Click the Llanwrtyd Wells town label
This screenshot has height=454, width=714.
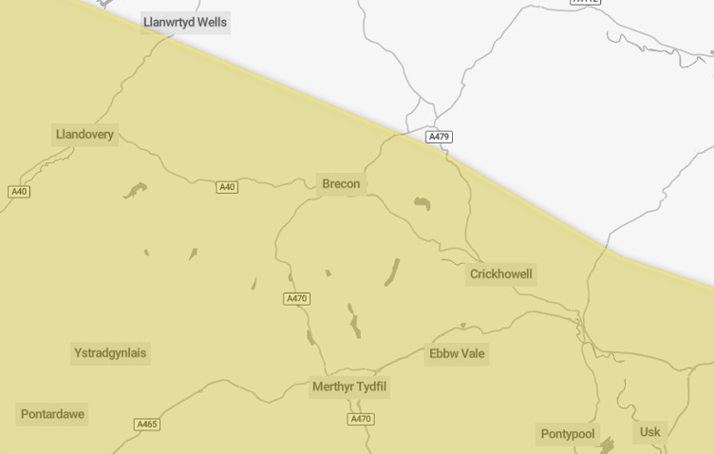185,22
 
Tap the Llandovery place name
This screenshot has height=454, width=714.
85,134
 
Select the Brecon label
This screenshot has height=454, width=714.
342,183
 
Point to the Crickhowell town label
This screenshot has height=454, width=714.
501,274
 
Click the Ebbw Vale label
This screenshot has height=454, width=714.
457,353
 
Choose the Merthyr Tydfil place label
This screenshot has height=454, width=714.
349,387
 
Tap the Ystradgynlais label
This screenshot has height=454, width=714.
110,353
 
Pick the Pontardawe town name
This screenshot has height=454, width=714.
52,414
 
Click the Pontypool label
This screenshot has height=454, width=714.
568,434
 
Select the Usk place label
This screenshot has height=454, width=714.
649,432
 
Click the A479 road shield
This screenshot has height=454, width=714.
439,137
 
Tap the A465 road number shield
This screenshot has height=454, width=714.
147,425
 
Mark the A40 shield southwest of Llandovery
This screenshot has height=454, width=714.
19,192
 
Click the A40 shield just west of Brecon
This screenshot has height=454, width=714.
227,187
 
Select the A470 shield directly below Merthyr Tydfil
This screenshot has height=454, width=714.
361,419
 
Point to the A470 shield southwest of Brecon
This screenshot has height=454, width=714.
297,299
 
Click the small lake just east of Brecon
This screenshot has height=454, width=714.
422,202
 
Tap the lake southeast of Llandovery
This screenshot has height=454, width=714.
135,190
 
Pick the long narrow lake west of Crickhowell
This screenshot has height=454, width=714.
391,272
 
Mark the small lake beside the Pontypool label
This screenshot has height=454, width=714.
607,445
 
